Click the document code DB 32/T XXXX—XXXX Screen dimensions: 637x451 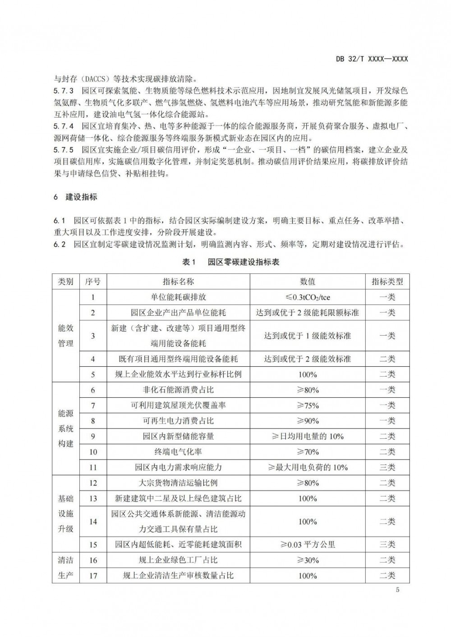(372, 59)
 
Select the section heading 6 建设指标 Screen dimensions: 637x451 (75, 197)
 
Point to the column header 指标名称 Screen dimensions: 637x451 (178, 282)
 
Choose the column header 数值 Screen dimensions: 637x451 (308, 282)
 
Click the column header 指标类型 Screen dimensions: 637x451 (387, 282)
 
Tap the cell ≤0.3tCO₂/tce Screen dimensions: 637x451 (308, 297)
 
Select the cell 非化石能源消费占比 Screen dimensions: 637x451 (178, 390)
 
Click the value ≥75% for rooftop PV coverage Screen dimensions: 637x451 (308, 405)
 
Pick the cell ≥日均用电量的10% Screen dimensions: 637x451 (308, 436)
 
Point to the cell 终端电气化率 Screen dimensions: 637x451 (178, 452)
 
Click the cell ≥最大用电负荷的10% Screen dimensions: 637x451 (308, 467)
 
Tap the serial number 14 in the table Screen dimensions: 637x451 (93, 521)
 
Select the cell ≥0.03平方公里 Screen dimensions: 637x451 (308, 544)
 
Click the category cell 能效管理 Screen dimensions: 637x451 (66, 336)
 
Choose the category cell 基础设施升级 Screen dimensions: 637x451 (66, 514)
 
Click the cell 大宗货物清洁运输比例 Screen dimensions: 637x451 (178, 483)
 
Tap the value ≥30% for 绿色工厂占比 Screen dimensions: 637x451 (308, 560)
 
